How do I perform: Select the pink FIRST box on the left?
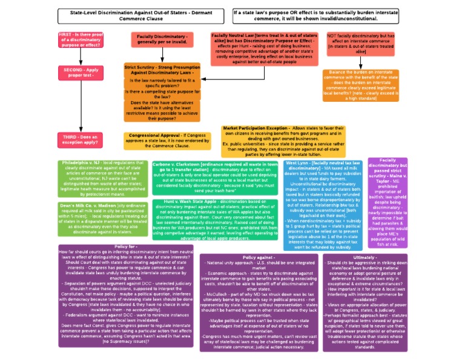coord(81,41)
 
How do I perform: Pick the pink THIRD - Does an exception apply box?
coord(81,141)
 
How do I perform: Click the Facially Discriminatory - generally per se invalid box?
coord(161,40)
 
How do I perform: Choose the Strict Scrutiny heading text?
coord(161,69)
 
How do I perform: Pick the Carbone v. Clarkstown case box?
coord(216,177)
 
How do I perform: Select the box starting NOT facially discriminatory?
coord(361,44)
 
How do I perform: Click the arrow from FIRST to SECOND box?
coord(81,57)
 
